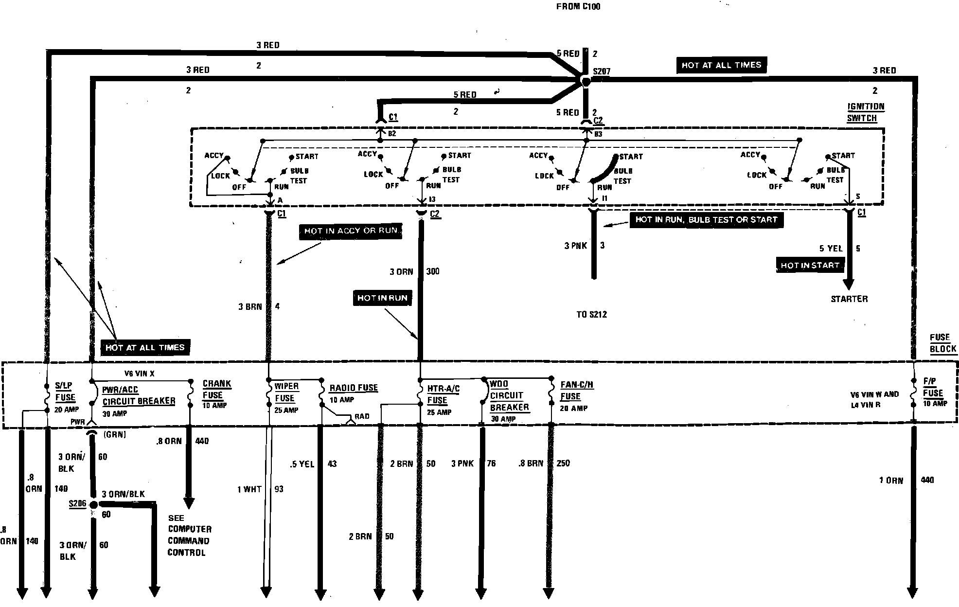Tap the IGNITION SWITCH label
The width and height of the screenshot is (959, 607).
(x=866, y=112)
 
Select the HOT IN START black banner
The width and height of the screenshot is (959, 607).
(x=810, y=265)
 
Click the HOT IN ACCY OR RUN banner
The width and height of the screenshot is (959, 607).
(x=351, y=231)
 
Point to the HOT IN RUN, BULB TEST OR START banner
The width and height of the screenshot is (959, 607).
(x=706, y=220)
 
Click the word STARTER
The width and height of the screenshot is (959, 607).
(x=849, y=299)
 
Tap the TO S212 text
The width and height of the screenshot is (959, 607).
(x=591, y=314)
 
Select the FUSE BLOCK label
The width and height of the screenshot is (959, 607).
(x=942, y=343)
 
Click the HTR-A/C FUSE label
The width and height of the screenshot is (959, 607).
(x=443, y=394)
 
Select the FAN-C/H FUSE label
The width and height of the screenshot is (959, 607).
(x=576, y=391)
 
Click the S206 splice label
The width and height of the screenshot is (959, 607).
(x=77, y=503)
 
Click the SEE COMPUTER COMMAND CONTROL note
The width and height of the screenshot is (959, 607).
(x=189, y=535)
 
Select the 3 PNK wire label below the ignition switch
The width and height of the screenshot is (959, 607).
(x=576, y=246)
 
